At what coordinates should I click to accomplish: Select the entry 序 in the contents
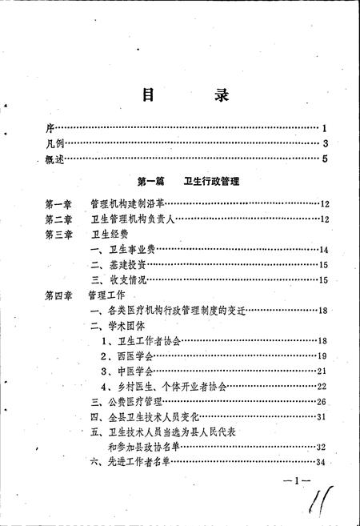50,128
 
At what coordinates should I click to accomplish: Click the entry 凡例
55,143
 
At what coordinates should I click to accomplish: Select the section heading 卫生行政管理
212,183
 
